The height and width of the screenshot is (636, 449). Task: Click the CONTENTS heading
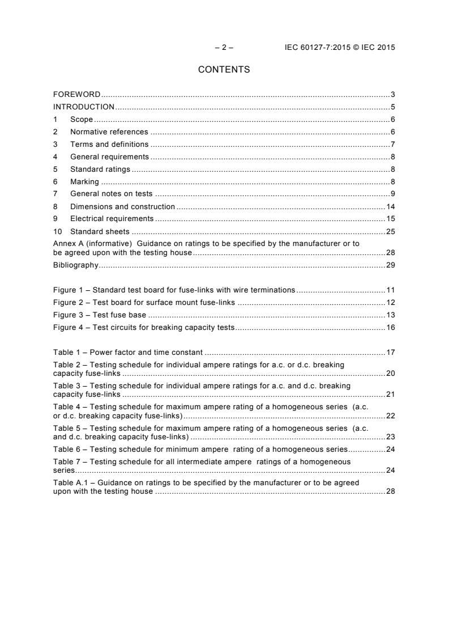[224, 70]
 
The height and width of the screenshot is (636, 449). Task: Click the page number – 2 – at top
[224, 48]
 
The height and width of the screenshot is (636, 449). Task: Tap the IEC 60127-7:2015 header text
[340, 48]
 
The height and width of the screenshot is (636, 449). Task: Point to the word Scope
[82, 119]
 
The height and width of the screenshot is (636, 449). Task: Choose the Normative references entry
[109, 132]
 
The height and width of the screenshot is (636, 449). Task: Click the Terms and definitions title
[109, 144]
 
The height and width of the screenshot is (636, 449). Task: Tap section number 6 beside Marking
[55, 181]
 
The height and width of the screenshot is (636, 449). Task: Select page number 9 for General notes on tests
[392, 194]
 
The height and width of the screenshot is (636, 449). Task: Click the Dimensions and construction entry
[122, 206]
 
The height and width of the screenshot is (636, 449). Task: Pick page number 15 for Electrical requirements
[390, 219]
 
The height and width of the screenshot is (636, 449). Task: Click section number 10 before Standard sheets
[57, 231]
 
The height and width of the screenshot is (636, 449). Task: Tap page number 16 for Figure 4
[390, 327]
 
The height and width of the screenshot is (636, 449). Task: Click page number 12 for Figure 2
[390, 302]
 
